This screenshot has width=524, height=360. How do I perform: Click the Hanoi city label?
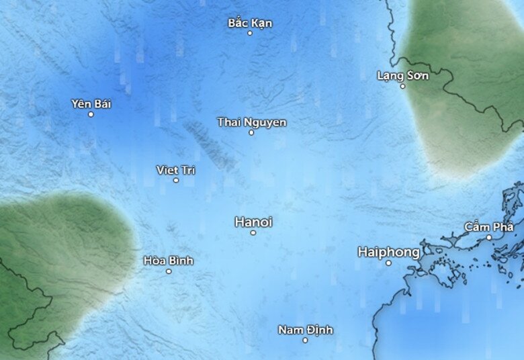click(254, 222)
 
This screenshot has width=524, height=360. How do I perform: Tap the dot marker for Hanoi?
click(253, 232)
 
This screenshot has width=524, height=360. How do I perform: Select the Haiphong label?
click(389, 252)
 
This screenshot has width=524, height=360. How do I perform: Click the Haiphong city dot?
click(388, 263)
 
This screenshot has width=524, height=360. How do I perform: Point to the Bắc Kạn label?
click(250, 23)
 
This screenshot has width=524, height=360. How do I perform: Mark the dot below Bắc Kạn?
click(250, 33)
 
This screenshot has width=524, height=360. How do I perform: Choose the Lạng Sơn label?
click(402, 75)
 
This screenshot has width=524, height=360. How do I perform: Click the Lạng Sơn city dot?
click(402, 86)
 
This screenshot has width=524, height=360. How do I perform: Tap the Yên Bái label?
click(91, 103)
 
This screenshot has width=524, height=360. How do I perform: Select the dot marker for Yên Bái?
click(91, 114)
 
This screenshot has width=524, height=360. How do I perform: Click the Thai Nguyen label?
click(251, 122)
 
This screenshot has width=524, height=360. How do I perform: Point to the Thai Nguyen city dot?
click(251, 132)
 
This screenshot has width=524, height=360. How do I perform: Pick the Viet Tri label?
click(175, 170)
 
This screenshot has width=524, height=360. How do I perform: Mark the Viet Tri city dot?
click(176, 180)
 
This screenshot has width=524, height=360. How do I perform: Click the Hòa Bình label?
click(169, 260)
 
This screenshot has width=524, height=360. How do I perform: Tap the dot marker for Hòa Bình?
click(169, 271)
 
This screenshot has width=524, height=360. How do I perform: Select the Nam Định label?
click(305, 330)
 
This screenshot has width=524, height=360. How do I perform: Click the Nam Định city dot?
click(305, 340)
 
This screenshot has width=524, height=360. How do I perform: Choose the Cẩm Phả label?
click(489, 226)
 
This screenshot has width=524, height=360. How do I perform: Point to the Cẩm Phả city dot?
click(489, 237)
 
